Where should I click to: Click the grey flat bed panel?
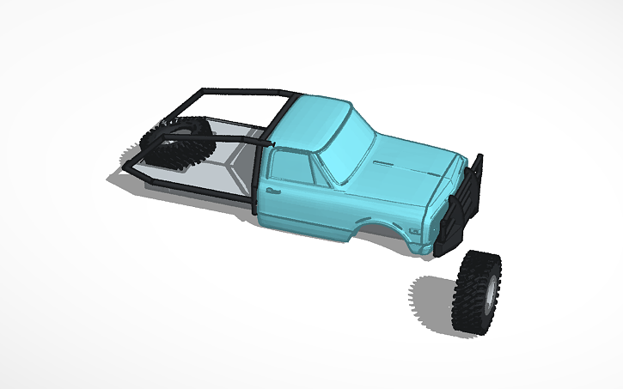pyautogui.click(x=219, y=163)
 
